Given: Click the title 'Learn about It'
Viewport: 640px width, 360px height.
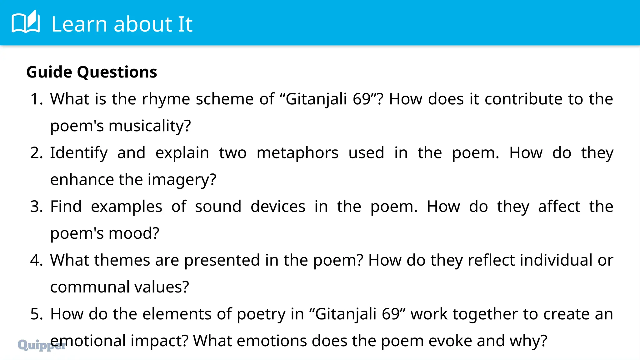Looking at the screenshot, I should click(x=122, y=24).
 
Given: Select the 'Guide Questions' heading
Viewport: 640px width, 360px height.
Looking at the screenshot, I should click(x=92, y=72).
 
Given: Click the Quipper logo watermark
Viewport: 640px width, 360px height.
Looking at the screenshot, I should click(x=41, y=345).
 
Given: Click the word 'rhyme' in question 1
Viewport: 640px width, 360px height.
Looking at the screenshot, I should click(x=166, y=99).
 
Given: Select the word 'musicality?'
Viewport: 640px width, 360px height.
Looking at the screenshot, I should click(x=150, y=126).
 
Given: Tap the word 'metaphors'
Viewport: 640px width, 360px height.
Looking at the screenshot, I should click(x=297, y=153).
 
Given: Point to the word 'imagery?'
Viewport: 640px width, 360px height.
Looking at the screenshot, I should click(x=182, y=180).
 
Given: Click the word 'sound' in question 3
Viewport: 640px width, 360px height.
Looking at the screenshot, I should click(x=218, y=207).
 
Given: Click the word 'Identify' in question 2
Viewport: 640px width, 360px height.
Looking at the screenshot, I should click(x=79, y=153).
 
